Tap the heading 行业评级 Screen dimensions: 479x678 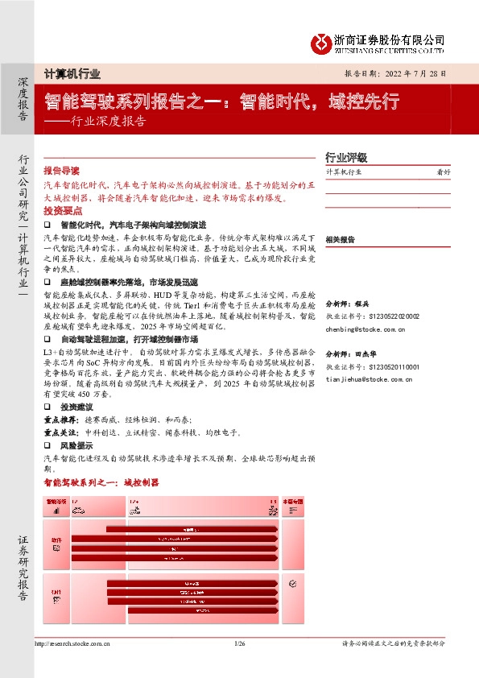[x=346, y=158]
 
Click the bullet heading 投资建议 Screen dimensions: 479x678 [x=77, y=408]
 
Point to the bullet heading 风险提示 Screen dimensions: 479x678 [x=77, y=445]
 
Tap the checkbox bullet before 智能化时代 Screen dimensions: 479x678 [x=47, y=224]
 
